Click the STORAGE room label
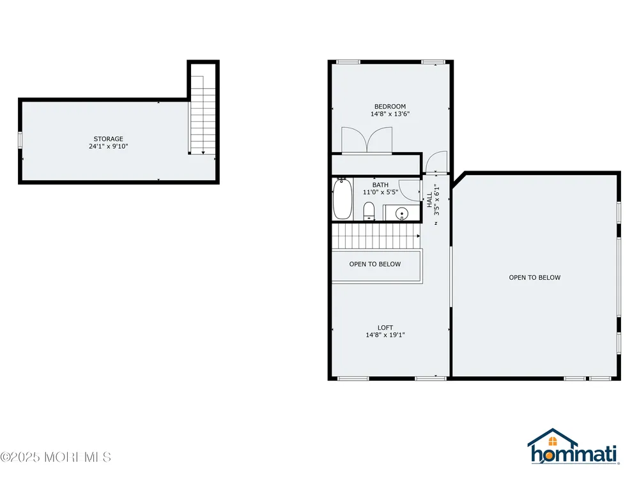pos(109,139)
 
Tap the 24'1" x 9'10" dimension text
pos(109,146)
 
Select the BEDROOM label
pos(390,107)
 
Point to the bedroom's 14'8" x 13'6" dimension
pos(390,114)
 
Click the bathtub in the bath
pos(343,199)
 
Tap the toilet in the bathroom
pos(369,211)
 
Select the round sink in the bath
pos(402,213)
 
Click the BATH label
pos(380,185)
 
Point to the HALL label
pos(429,200)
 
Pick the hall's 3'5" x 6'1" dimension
pos(437,199)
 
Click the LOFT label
pos(385,328)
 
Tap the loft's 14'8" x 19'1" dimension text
pos(385,335)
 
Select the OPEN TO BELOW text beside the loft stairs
pos(375,264)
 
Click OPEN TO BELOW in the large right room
pos(535,277)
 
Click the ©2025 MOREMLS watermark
pos(56,457)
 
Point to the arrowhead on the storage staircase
pos(203,153)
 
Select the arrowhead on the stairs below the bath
pos(418,236)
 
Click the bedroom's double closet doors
pos(367,140)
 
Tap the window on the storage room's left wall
pos(20,140)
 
